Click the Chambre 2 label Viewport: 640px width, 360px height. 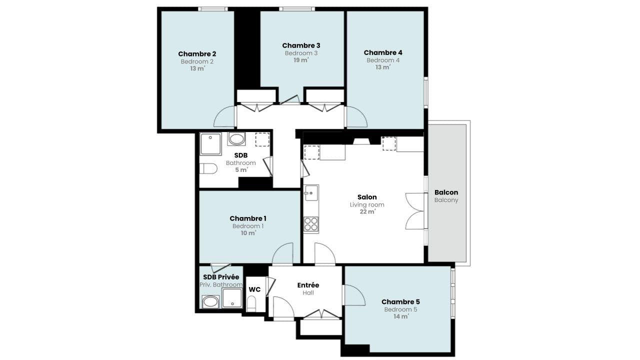(197, 53)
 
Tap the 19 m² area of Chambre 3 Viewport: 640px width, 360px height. (301, 60)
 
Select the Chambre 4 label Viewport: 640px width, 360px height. (383, 52)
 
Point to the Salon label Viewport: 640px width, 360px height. (367, 197)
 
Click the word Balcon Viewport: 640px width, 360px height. (446, 192)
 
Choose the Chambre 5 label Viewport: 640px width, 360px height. (400, 301)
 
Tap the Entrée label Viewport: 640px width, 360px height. (308, 285)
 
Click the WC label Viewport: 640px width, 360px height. (254, 289)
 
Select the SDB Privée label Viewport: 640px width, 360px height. (221, 277)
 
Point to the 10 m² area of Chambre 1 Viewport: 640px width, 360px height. (248, 233)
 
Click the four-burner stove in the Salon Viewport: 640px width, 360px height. (311, 223)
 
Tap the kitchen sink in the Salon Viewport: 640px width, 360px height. (311, 193)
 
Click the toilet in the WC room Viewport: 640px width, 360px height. (251, 304)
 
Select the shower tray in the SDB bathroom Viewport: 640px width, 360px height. (210, 143)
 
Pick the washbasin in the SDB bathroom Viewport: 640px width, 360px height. (236, 139)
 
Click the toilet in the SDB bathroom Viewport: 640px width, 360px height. (208, 168)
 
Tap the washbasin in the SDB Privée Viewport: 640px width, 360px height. (210, 301)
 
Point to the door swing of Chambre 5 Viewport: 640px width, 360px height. (354, 295)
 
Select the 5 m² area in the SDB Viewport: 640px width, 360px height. (241, 170)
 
